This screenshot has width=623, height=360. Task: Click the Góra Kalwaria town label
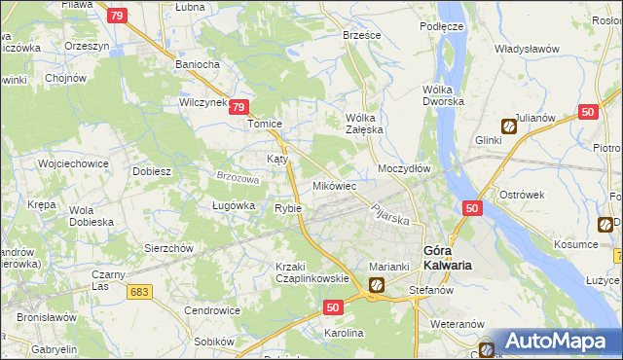449,256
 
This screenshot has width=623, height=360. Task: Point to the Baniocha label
199,64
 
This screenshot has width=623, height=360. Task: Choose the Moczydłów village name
404,168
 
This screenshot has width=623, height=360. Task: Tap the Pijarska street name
387,213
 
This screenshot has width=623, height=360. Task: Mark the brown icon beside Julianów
509,126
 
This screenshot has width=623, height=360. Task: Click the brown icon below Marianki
376,285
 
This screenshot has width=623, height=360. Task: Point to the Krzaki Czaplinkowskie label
311,272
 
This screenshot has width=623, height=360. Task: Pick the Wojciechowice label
72,163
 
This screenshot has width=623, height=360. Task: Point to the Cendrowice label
213,310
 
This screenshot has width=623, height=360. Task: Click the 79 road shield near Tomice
242,110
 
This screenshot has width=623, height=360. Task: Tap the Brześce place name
362,34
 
